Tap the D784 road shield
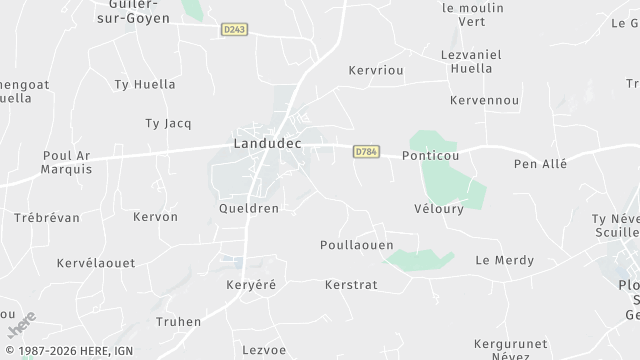pos(366,152)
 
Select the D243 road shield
pos(235,29)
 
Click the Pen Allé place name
pos(539,163)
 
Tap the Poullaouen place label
pos(357,245)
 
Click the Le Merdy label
pos(499,260)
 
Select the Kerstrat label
pos(350,285)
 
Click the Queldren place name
pos(248,209)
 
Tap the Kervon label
pos(155,217)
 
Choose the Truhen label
pos(179,322)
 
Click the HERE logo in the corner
pos(21,324)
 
